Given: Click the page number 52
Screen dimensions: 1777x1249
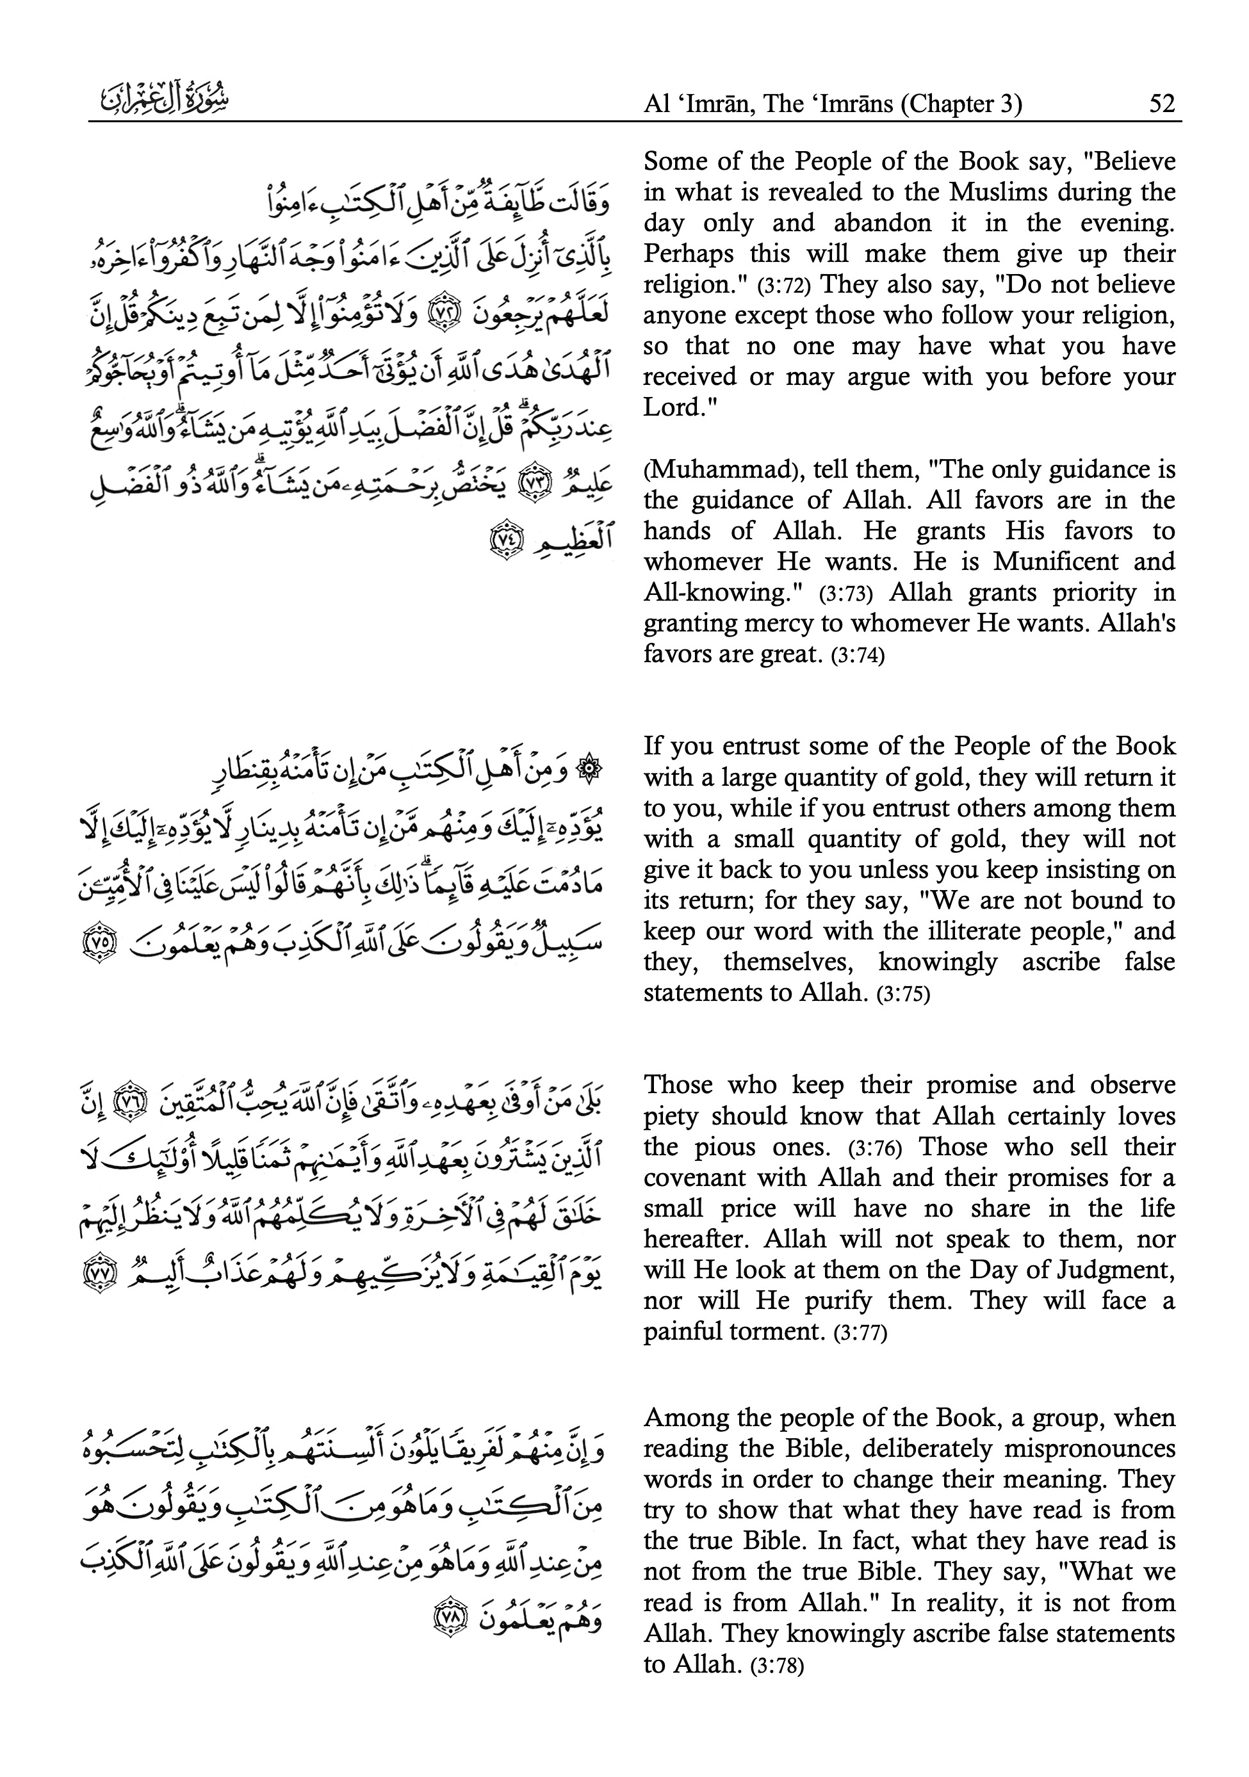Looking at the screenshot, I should pos(1161,104).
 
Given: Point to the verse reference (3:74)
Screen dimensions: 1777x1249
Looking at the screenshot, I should pos(856,656).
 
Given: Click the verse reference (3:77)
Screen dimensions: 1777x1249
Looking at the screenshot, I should pos(860,1333).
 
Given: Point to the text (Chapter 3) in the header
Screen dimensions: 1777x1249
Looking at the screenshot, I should pos(959,104).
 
